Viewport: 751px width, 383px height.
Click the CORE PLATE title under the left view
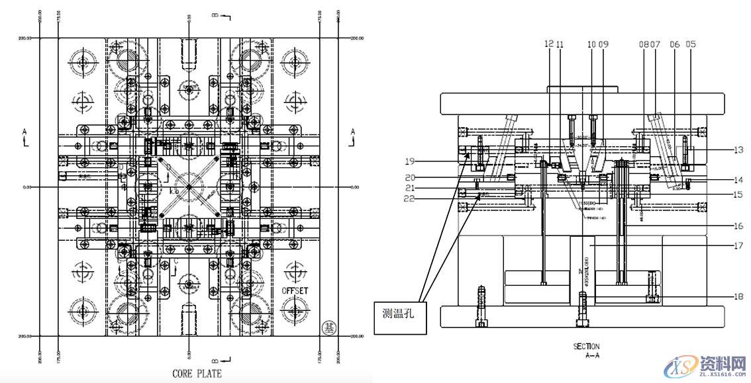pyautogui.click(x=197, y=374)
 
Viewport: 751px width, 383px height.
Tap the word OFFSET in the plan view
pyautogui.click(x=295, y=291)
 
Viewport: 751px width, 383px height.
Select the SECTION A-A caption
pyautogui.click(x=586, y=351)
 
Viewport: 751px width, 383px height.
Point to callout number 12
pyautogui.click(x=548, y=44)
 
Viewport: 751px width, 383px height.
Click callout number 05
pyautogui.click(x=691, y=44)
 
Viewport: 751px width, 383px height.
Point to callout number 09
pyautogui.click(x=603, y=44)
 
